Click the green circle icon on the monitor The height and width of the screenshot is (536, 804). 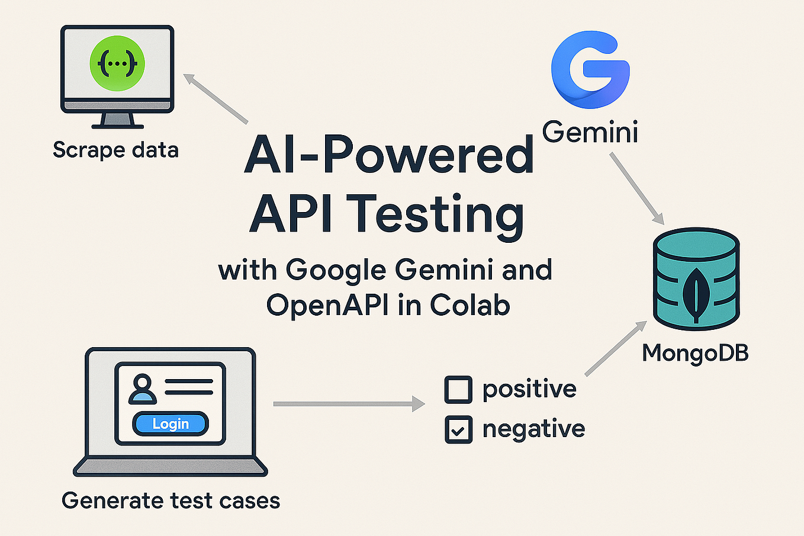(x=117, y=63)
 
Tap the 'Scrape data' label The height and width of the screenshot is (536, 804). (x=115, y=150)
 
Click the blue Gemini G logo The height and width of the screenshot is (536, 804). (x=590, y=70)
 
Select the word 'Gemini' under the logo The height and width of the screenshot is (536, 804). (x=590, y=131)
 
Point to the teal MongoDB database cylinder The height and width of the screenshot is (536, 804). (x=696, y=278)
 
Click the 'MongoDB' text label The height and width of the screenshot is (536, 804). (x=695, y=353)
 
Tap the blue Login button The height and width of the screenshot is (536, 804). (x=171, y=423)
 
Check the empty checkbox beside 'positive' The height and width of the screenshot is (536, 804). (x=458, y=389)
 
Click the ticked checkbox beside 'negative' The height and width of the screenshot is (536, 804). (x=458, y=430)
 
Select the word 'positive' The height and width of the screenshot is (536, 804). (x=529, y=389)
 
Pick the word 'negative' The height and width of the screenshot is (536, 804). (x=533, y=429)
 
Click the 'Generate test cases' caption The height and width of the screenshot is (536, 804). (x=171, y=500)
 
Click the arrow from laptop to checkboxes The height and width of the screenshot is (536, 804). (x=349, y=404)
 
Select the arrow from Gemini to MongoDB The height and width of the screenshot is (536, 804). (x=637, y=189)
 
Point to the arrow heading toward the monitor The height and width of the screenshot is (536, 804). (x=216, y=98)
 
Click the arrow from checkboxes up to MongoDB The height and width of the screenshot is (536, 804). (x=616, y=348)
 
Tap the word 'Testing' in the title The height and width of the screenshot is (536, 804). (x=435, y=214)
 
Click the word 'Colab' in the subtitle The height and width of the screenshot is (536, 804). (x=469, y=305)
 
